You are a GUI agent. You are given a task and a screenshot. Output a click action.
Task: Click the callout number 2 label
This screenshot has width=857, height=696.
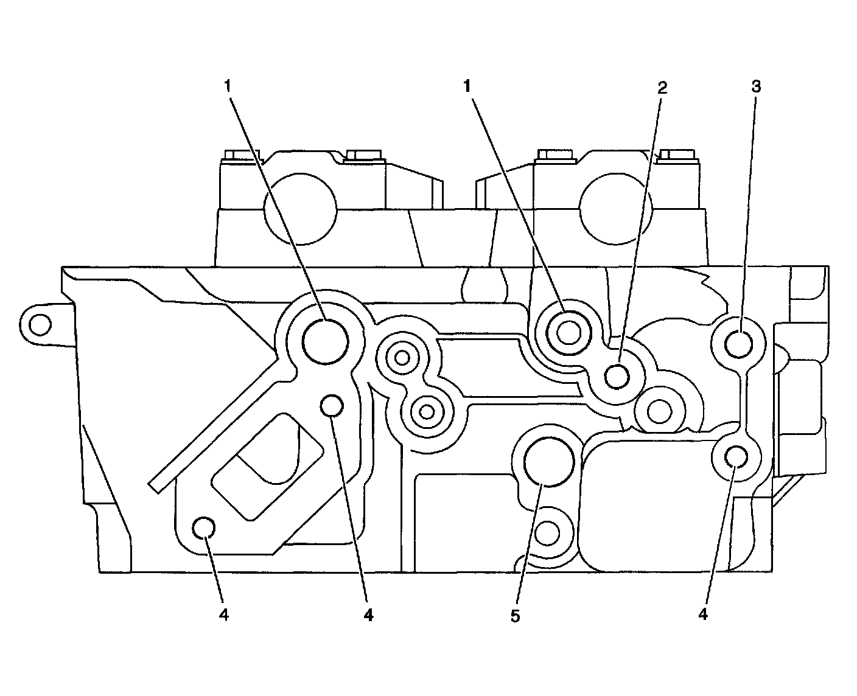click(662, 88)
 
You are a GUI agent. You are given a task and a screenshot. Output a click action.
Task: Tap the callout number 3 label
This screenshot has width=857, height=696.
click(755, 86)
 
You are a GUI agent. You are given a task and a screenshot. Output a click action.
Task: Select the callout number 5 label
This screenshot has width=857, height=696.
click(516, 616)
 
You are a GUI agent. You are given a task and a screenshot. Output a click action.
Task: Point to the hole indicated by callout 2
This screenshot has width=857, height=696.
click(617, 376)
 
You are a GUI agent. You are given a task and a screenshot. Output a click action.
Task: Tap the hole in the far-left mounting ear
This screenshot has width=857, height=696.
click(40, 325)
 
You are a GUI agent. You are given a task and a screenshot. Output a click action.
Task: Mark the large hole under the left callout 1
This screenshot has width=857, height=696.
click(326, 341)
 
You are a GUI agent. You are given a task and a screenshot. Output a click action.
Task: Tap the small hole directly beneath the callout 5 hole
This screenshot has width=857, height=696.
click(547, 534)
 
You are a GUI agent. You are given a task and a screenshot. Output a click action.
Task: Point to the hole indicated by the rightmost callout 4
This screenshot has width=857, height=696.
click(736, 456)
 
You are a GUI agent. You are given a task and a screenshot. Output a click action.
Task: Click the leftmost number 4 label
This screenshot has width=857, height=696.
click(224, 615)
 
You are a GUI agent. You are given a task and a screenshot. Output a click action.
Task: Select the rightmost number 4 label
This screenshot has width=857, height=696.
click(704, 615)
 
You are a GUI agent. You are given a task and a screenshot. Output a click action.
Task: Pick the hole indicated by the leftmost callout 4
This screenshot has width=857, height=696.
click(203, 528)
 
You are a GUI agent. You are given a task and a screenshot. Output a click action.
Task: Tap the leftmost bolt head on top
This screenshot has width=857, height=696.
click(240, 156)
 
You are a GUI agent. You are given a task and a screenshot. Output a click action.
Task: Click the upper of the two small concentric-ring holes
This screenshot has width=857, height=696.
click(402, 358)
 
